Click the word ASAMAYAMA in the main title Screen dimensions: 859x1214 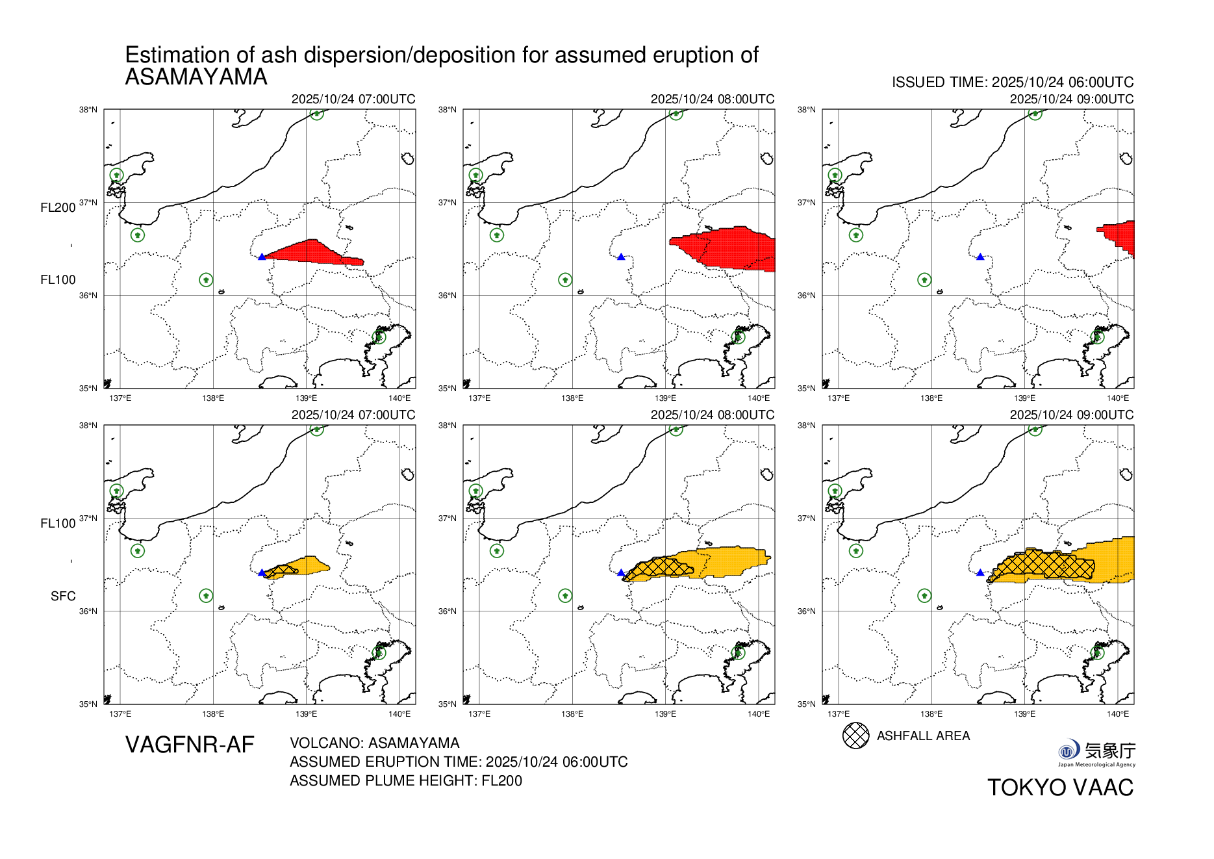[x=196, y=77]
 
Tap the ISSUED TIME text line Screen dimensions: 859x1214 [x=1012, y=83]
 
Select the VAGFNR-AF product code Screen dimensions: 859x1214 [x=190, y=745]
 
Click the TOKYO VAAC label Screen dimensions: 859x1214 [x=1060, y=788]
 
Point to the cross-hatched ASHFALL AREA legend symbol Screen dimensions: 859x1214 [x=855, y=736]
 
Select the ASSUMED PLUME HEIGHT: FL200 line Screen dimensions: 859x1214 [x=406, y=780]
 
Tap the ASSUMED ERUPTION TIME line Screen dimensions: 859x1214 [x=459, y=762]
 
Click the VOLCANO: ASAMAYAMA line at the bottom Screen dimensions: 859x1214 [x=374, y=743]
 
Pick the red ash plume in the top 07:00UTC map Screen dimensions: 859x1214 [x=312, y=251]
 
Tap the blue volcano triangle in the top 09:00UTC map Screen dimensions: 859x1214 [x=980, y=257]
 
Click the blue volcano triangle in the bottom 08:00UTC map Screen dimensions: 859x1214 [x=621, y=573]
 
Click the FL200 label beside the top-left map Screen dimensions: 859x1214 [x=58, y=208]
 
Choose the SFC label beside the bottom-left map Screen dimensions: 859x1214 [x=63, y=596]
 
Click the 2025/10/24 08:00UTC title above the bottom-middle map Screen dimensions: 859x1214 [x=712, y=415]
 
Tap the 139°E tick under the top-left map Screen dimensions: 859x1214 [x=306, y=398]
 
